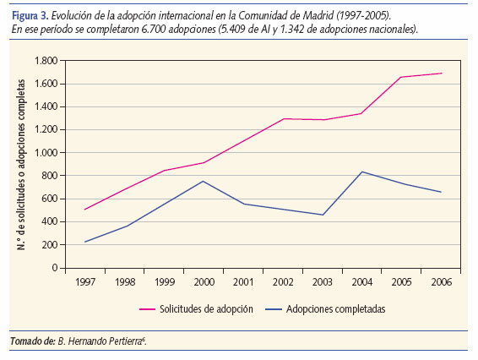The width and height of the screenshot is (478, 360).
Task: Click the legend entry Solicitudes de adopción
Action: coord(208,309)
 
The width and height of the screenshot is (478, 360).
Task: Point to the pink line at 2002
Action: coord(284,118)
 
